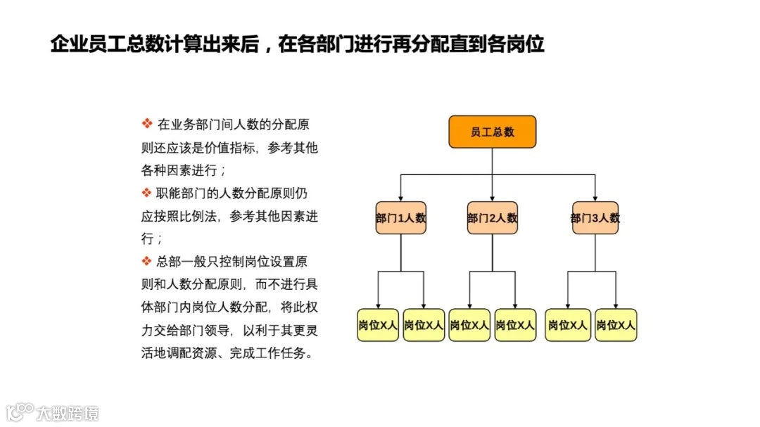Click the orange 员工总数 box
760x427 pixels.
492,132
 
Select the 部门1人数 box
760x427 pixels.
401,218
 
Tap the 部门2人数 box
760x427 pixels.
492,218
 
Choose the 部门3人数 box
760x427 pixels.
595,218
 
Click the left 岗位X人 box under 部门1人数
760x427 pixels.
379,325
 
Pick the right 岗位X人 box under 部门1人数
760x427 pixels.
424,325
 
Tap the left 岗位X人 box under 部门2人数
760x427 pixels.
469,325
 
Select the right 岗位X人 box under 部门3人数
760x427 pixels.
616,325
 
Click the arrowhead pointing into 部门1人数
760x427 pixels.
401,198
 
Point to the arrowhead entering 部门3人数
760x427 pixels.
595,198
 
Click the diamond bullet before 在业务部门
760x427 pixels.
147,125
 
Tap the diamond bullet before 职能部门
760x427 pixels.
147,193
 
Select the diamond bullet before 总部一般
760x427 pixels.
147,261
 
